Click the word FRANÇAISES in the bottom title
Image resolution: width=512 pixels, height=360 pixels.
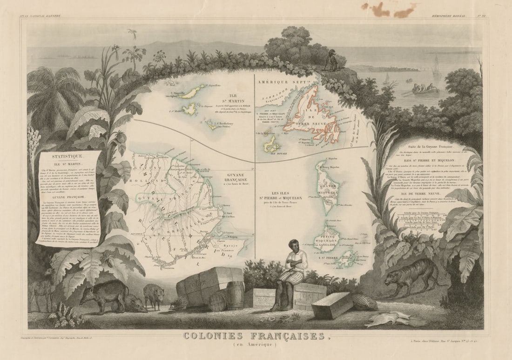pos(286,336)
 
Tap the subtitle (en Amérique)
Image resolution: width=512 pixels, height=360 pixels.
pos(256,345)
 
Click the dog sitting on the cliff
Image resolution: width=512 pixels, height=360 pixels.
pos(332,62)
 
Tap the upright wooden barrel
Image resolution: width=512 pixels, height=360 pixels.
pos(236,294)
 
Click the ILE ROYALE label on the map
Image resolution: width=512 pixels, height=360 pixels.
pos(270,151)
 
